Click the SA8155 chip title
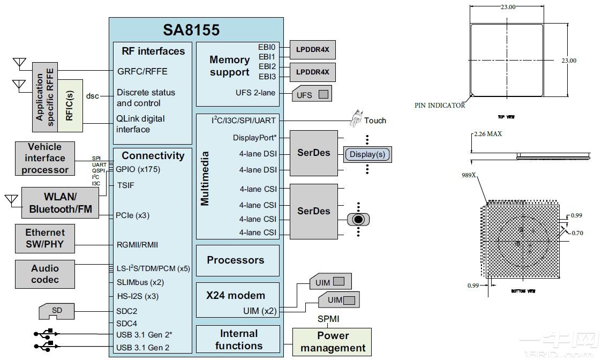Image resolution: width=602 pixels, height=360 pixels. [x=191, y=29]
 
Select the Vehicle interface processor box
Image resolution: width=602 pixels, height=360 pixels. [x=45, y=158]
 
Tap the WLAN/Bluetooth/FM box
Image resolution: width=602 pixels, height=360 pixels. [x=60, y=202]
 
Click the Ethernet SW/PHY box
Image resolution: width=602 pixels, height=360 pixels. [x=45, y=239]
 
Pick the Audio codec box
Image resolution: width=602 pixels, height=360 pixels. [x=45, y=274]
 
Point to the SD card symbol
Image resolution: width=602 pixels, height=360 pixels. [x=56, y=310]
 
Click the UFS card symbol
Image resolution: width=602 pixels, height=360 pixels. [x=311, y=95]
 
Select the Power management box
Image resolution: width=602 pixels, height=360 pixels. [x=332, y=342]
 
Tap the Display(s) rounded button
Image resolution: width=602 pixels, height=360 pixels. [x=367, y=155]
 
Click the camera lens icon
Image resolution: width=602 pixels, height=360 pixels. [x=359, y=219]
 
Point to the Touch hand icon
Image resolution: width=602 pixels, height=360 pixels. [x=356, y=119]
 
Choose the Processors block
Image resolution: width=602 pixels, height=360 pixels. [x=236, y=260]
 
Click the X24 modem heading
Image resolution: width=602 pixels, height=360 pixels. [x=236, y=295]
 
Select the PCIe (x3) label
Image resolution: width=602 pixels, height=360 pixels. [x=133, y=215]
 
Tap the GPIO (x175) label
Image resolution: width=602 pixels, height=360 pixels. [x=138, y=169]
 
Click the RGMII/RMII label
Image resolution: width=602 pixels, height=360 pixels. [x=137, y=245]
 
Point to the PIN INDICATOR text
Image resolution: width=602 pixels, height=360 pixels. [x=440, y=106]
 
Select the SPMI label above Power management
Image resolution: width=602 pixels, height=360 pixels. [x=328, y=319]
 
